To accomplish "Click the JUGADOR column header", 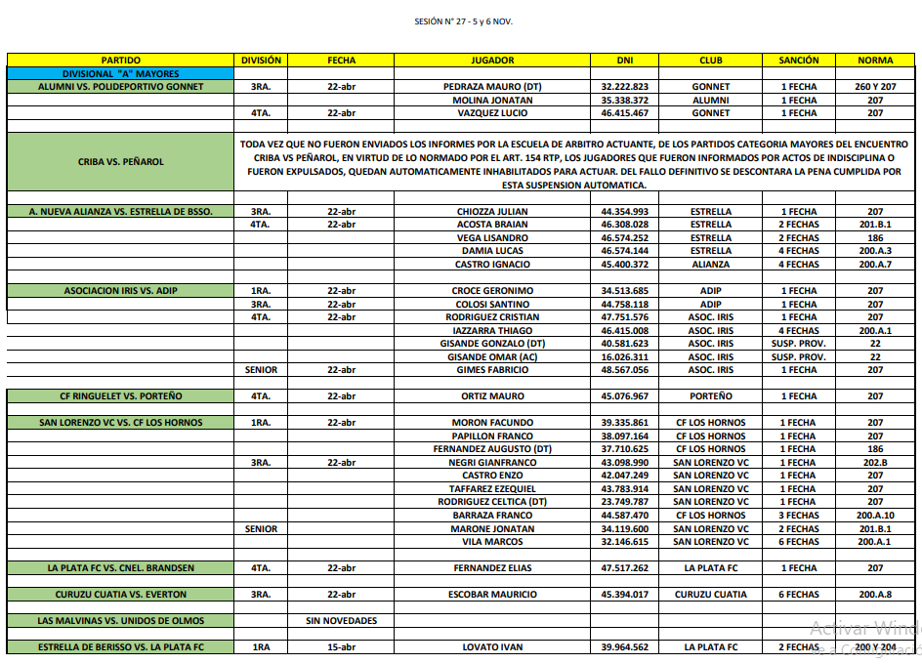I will point(492,61).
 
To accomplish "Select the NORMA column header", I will point(875,61).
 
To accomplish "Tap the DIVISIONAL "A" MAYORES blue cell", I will point(121,73).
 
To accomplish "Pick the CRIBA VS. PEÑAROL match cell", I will point(121,161).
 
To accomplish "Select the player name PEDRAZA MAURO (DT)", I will point(492,87).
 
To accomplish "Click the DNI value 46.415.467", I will point(625,113).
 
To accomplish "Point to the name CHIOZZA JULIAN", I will point(492,212).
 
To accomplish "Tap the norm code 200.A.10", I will point(875,516).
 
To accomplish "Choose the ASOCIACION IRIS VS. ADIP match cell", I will point(121,291).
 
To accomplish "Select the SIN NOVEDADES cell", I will point(342,621).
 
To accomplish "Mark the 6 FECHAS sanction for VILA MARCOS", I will point(799,542).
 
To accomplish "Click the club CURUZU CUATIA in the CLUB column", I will point(711,595).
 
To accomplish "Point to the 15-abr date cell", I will point(342,647).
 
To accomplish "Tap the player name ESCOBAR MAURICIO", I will point(492,595).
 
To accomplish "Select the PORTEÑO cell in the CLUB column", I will point(711,396).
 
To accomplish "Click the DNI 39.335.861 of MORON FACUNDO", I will point(625,423).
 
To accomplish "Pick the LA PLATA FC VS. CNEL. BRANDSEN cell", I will point(121,568).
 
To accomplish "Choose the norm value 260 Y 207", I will point(875,87).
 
